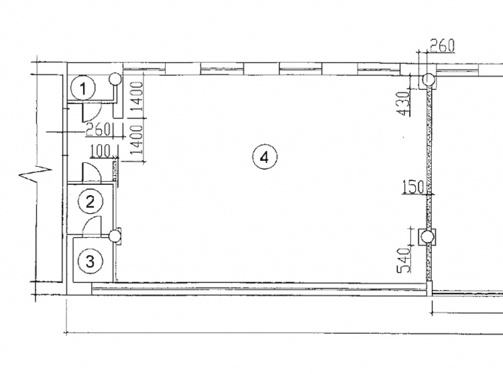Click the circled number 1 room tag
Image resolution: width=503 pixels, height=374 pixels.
pos(83,88)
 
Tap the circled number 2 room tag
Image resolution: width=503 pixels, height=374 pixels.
pos(91,202)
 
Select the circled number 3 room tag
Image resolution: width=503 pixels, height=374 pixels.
pos(91,261)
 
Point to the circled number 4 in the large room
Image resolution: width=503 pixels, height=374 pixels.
pos(265,157)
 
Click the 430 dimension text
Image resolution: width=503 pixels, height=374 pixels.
pos(403,103)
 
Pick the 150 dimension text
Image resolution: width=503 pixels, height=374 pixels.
pos(413,187)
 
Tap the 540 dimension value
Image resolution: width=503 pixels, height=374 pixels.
pos(404,260)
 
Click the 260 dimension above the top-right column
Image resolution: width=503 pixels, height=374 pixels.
pos(442,46)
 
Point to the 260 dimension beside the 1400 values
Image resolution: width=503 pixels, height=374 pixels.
pos(98,130)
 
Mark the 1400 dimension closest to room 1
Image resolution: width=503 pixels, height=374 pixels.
pos(136,96)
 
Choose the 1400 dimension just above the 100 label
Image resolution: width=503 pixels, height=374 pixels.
pos(136,139)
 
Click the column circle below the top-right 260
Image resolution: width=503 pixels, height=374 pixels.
pos(428,79)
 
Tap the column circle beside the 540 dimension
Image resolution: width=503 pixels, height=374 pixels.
pos(427,237)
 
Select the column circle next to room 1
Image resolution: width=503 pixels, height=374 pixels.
pos(115,79)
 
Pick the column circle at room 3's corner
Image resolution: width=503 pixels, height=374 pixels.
pos(114,236)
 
